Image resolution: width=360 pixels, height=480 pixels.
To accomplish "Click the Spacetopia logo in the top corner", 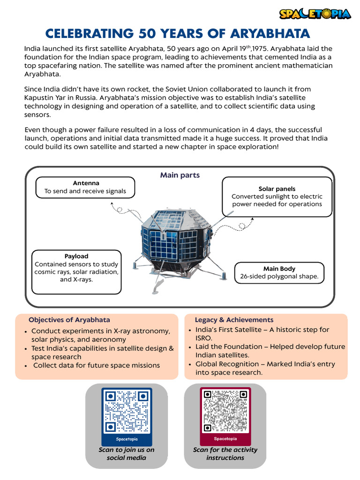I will point(315,14).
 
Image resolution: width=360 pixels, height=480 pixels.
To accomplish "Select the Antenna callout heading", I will point(86,183).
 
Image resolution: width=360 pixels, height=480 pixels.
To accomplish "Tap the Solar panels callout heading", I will point(277,188).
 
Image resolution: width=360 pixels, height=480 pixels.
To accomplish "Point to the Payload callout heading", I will point(76,256).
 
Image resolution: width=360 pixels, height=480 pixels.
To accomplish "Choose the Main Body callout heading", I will point(279,269).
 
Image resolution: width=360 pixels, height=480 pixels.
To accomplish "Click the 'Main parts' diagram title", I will point(180,175).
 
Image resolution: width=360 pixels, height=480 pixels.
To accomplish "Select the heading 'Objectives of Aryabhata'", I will point(69,320).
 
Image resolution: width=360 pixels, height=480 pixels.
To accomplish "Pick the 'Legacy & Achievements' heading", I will point(234,320).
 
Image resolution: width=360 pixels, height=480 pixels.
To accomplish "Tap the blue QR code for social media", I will point(127,411).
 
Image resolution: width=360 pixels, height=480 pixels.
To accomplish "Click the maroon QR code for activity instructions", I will point(225,411).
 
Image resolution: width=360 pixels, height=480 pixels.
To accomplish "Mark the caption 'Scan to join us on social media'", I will point(127,454).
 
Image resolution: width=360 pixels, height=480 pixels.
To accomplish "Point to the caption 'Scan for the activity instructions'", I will point(225,454).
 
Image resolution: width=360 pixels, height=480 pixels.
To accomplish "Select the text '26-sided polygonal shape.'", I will point(279,277).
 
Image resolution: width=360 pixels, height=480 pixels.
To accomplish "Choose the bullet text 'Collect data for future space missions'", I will point(97,365).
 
